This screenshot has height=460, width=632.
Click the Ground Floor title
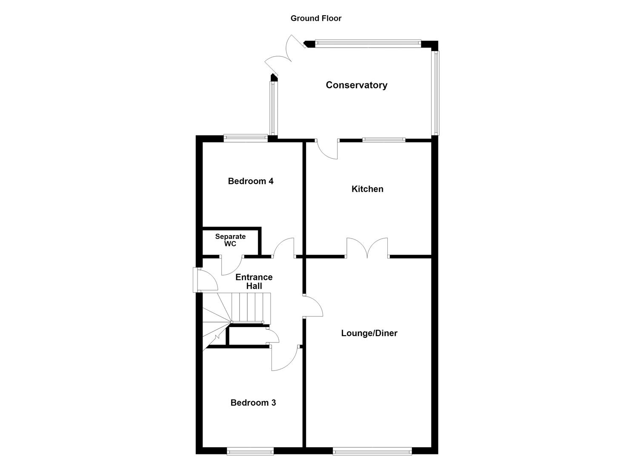[x=316, y=18]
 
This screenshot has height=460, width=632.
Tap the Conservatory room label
[x=356, y=85]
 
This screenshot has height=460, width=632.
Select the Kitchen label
[x=367, y=189]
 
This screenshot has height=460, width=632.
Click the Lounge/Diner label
[x=369, y=333]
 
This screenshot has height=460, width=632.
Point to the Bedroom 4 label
[x=251, y=181]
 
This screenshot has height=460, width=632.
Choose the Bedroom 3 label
[x=253, y=402]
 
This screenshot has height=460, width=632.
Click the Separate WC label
[x=230, y=240]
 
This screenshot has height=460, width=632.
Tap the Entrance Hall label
[x=254, y=282]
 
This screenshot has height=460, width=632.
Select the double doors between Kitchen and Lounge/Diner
[x=367, y=248]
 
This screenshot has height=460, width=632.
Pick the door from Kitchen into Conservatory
[x=326, y=149]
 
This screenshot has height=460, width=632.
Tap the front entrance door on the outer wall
[x=205, y=280]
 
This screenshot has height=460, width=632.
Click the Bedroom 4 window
[x=246, y=138]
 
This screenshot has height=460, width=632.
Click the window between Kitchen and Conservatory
[x=384, y=140]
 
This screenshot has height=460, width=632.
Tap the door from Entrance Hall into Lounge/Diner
[x=313, y=306]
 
